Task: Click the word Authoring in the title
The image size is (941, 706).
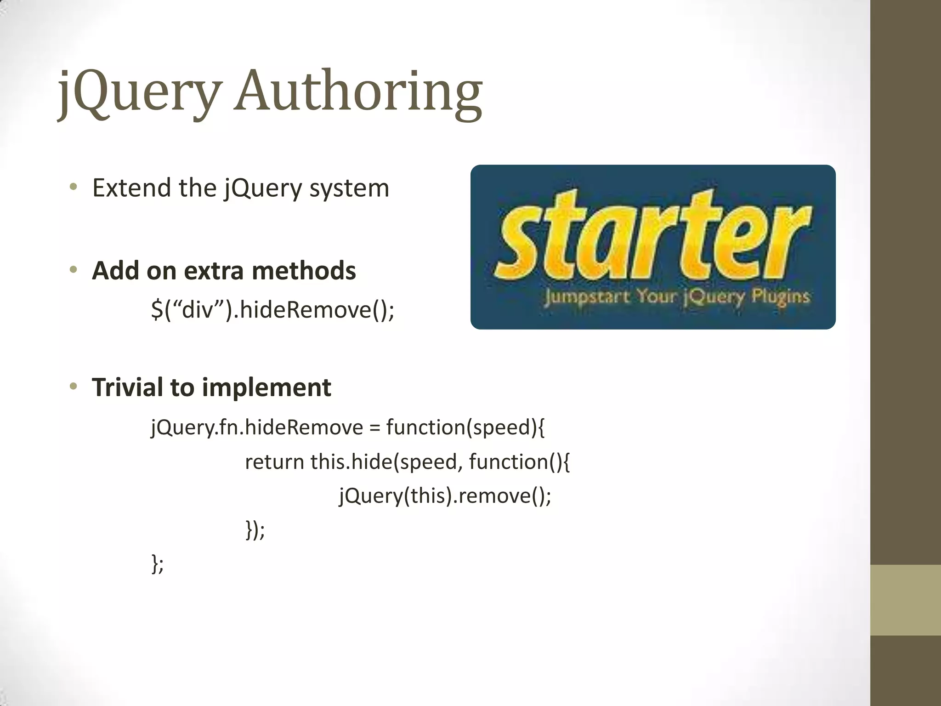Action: pyautogui.click(x=358, y=92)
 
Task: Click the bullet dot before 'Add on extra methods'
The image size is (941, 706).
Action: pyautogui.click(x=73, y=270)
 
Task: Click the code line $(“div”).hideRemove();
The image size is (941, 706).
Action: pyautogui.click(x=272, y=309)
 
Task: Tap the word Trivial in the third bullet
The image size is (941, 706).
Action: pyautogui.click(x=127, y=387)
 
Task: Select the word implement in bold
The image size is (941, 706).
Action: pyautogui.click(x=266, y=388)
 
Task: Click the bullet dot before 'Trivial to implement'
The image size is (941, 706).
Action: pyautogui.click(x=73, y=387)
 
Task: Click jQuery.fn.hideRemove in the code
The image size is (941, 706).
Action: pyautogui.click(x=257, y=428)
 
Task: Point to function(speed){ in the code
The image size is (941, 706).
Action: pyautogui.click(x=465, y=428)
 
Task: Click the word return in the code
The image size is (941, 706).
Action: pyautogui.click(x=274, y=462)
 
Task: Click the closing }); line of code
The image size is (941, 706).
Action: pyautogui.click(x=255, y=530)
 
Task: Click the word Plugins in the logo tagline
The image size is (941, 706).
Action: pyautogui.click(x=780, y=296)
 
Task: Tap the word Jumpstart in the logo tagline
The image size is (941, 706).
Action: pyautogui.click(x=587, y=297)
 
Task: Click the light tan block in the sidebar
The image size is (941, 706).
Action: pyautogui.click(x=906, y=600)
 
